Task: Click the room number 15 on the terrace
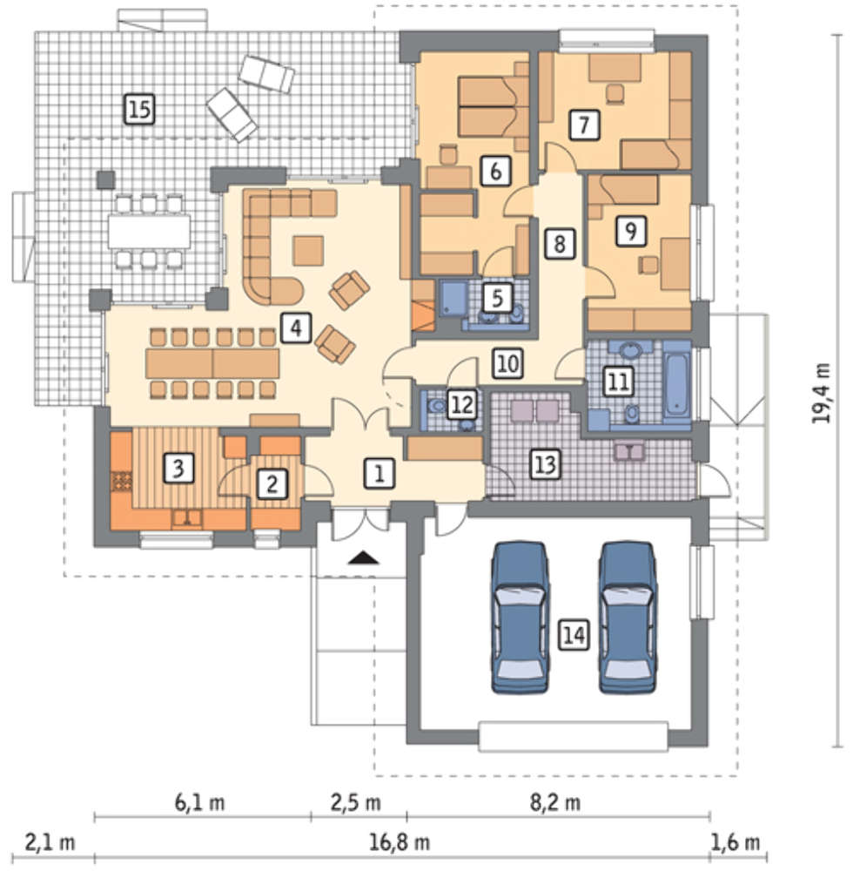tap(139, 109)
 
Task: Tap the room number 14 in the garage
tap(574, 635)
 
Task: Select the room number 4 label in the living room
tap(296, 327)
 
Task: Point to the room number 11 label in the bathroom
tap(619, 382)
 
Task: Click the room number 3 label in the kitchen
tap(178, 468)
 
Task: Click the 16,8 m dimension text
tap(400, 842)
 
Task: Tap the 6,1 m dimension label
tap(200, 803)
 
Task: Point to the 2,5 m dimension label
tap(356, 803)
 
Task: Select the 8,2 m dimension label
tap(555, 803)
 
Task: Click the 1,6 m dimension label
tap(735, 842)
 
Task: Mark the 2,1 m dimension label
tap(50, 842)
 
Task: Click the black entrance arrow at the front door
tap(364, 557)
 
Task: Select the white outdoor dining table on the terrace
tap(150, 231)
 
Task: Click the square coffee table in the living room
tap(309, 251)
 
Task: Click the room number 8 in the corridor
tap(559, 244)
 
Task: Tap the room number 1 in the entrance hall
tap(379, 474)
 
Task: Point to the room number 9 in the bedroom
tap(631, 231)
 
